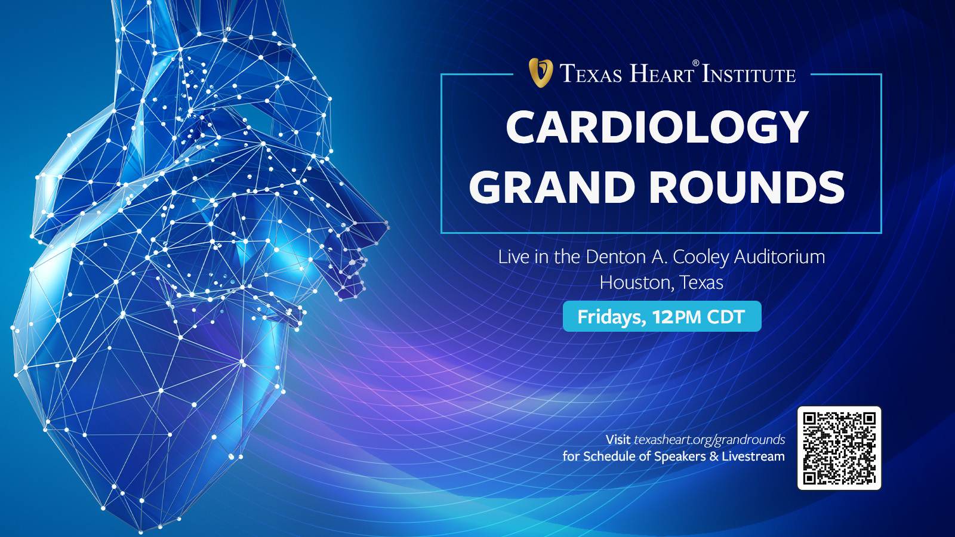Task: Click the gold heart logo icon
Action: [x=541, y=73]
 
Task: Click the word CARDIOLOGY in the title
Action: [x=657, y=127]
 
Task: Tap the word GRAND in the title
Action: [x=552, y=187]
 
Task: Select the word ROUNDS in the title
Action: [x=747, y=187]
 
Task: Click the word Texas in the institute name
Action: [x=591, y=74]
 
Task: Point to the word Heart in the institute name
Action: [x=661, y=74]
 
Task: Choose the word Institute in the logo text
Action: [x=748, y=75]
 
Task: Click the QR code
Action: [x=839, y=448]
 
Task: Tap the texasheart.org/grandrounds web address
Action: [x=709, y=440]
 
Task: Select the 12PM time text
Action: [x=676, y=317]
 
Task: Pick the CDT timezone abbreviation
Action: [x=726, y=317]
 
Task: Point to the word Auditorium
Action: [x=779, y=257]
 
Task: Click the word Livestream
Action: [x=753, y=456]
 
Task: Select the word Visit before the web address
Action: [x=618, y=440]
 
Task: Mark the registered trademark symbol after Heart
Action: [x=695, y=63]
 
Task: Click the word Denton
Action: [x=615, y=257]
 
